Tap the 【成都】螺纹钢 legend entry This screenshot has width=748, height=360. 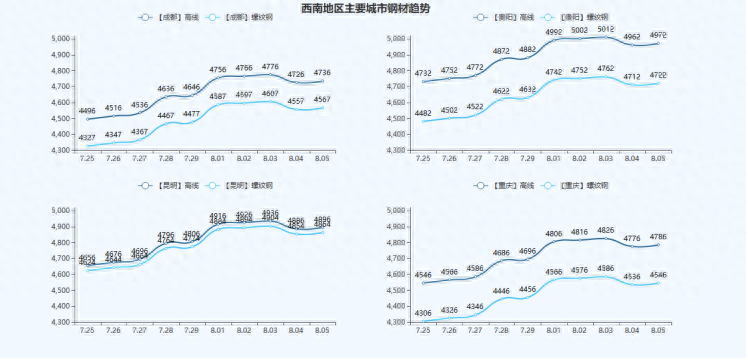pyautogui.click(x=237, y=18)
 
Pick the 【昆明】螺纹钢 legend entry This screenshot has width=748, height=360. pyautogui.click(x=237, y=186)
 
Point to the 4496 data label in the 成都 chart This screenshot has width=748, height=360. pyautogui.click(x=87, y=111)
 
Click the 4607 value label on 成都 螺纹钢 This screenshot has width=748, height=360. pyautogui.click(x=270, y=93)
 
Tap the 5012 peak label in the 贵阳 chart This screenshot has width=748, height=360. pyautogui.click(x=606, y=30)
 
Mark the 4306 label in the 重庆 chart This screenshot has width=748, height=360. pyautogui.click(x=423, y=313)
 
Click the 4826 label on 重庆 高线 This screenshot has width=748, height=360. pyautogui.click(x=606, y=230)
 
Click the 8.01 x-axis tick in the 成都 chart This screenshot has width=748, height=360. pyautogui.click(x=218, y=159)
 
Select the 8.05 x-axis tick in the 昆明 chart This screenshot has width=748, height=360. pyautogui.click(x=322, y=329)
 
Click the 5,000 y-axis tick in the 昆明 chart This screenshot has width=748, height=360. pyautogui.click(x=60, y=211)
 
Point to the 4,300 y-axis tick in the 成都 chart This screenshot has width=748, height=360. pyautogui.click(x=60, y=150)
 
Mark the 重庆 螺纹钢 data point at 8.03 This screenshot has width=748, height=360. pyautogui.click(x=606, y=276)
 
